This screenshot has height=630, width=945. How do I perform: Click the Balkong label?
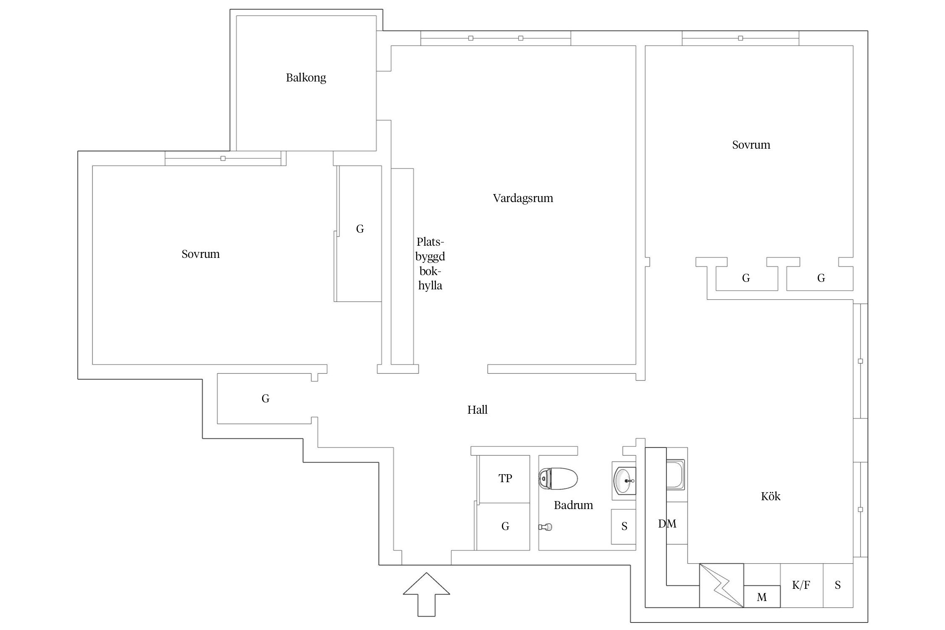pos(306,78)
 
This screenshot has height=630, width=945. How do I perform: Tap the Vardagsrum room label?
pos(523,198)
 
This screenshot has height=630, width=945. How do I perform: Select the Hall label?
pos(477,410)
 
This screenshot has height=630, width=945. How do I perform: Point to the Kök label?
pos(770,496)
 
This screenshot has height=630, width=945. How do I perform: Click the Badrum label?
pos(573,505)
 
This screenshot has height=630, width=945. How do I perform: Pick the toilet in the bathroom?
pos(558,479)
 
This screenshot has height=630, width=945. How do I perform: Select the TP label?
pos(505,478)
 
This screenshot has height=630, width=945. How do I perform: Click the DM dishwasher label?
pos(667,524)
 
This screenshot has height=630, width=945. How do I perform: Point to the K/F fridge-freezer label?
pos(801,585)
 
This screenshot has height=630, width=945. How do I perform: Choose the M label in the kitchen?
pos(761,597)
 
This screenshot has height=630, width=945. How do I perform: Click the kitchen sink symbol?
pos(675,475)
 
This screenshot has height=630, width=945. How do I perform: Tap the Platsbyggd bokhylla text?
pos(430,264)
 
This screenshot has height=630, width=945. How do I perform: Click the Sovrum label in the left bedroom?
pos(200,254)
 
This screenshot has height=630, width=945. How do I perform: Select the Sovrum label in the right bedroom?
pos(751,145)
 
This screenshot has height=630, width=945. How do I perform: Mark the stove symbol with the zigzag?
pos(721,585)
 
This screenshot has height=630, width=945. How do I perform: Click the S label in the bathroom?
pos(624,526)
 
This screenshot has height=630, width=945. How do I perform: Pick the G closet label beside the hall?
pos(265,399)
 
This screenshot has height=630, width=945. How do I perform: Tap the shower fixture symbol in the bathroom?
pos(546,527)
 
